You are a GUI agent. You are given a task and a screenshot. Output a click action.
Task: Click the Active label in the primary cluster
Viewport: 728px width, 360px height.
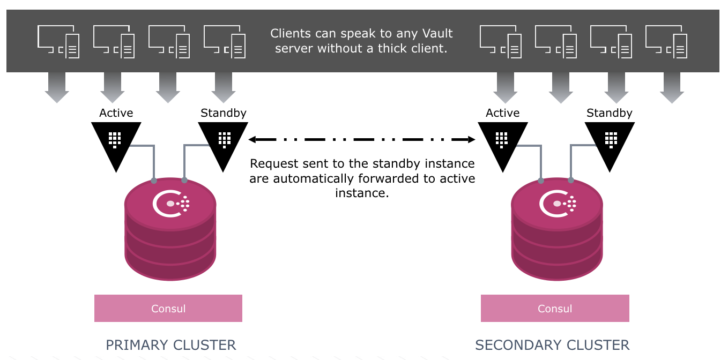pos(116,113)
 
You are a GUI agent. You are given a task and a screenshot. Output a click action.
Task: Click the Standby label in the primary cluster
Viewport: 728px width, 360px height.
pos(224,113)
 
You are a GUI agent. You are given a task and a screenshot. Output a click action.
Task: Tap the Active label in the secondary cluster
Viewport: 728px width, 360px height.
pos(503,113)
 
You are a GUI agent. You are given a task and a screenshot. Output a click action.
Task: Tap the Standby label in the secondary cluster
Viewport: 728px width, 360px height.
pos(610,113)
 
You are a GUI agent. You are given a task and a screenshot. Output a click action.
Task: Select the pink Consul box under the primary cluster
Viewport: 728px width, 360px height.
pos(168,309)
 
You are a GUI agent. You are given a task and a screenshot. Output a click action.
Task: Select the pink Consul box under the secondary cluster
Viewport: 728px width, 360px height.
pos(555,309)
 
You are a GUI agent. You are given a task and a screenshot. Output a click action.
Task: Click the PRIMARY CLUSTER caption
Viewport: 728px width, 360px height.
pos(171,345)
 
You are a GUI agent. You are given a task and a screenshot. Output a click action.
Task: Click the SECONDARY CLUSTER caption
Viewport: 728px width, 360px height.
pos(552,345)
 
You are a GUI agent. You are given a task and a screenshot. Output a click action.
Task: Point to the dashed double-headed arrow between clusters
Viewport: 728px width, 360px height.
pos(362,140)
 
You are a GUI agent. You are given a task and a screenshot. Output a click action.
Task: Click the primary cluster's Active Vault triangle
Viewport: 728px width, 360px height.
pos(116,141)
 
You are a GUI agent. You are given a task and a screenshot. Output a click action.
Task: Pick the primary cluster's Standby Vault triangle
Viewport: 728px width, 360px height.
pos(223,141)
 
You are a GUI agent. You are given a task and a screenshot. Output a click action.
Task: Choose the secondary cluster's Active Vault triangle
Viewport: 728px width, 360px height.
pos(502,141)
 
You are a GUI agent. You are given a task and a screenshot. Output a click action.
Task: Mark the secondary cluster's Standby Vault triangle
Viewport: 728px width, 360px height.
pos(610,141)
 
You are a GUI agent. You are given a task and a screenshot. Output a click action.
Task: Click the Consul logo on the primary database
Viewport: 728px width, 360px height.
pos(170,203)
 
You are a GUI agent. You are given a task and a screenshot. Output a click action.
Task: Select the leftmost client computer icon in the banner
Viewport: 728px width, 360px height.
pos(58,41)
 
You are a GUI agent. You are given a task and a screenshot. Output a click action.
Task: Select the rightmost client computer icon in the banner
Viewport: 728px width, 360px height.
pos(666,41)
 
